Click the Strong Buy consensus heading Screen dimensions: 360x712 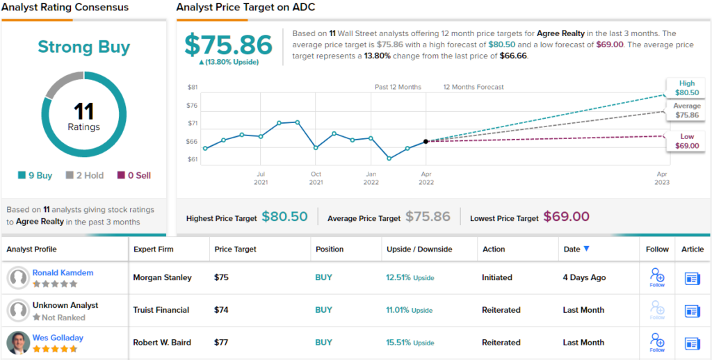(83, 47)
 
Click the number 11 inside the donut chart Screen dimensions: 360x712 (83, 112)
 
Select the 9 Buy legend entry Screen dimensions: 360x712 (35, 176)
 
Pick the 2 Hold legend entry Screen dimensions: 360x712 (85, 176)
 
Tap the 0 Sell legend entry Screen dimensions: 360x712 (134, 176)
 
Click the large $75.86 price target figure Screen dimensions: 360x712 (228, 45)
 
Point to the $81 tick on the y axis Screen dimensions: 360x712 (193, 88)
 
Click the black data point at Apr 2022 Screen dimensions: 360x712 (426, 141)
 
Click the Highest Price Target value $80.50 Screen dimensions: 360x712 (284, 217)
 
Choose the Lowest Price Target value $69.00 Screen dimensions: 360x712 (566, 217)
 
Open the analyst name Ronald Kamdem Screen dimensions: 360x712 (63, 273)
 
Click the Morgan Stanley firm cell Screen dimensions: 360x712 (162, 278)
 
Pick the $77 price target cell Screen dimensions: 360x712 (222, 343)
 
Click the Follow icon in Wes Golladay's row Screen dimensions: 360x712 (657, 341)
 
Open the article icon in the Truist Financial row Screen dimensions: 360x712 (692, 311)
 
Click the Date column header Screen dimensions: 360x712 (576, 249)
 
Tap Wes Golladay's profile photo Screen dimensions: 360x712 (18, 343)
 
